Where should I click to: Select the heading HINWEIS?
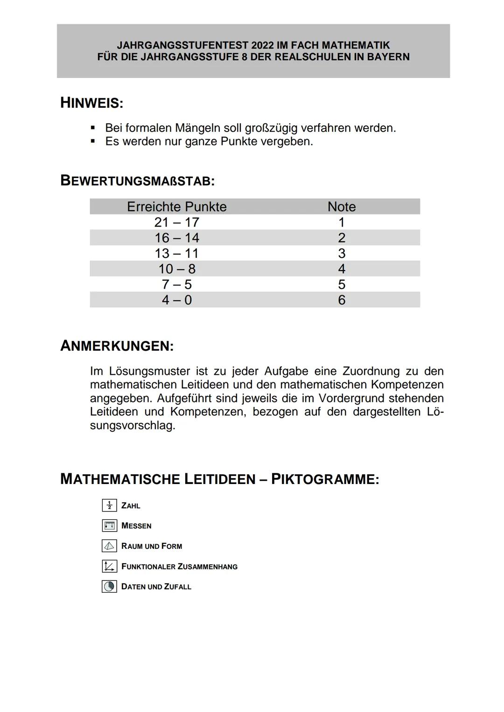pyautogui.click(x=91, y=103)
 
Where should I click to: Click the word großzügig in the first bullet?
pyautogui.click(x=271, y=128)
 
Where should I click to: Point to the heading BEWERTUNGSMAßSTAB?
pyautogui.click(x=137, y=180)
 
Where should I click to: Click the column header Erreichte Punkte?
pyautogui.click(x=176, y=207)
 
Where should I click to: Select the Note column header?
pyautogui.click(x=342, y=207)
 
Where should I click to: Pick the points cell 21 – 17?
pyautogui.click(x=176, y=222)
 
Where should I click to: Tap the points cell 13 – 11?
pyautogui.click(x=176, y=253)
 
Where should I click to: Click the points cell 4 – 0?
pyautogui.click(x=176, y=300)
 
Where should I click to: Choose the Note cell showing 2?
pyautogui.click(x=342, y=238)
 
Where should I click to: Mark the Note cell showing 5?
pyautogui.click(x=342, y=284)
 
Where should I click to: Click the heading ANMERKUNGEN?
pyautogui.click(x=117, y=346)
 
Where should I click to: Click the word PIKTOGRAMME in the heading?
pyautogui.click(x=325, y=479)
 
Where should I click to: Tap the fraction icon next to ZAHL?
pyautogui.click(x=109, y=505)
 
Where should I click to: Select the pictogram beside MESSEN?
pyautogui.click(x=109, y=526)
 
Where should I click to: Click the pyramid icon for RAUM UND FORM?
pyautogui.click(x=109, y=546)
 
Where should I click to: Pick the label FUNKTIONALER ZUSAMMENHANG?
pyautogui.click(x=179, y=567)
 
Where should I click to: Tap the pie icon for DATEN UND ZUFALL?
pyautogui.click(x=109, y=587)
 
